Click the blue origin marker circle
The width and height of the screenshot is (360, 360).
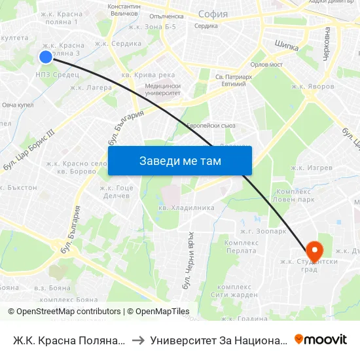(x=46, y=57)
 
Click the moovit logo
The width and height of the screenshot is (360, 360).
(x=320, y=340)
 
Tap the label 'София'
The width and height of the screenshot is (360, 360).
(x=211, y=14)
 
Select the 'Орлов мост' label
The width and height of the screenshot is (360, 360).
(x=266, y=65)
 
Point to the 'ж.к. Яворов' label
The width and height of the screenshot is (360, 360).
(x=313, y=86)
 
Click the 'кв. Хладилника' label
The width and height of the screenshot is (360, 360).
(x=187, y=207)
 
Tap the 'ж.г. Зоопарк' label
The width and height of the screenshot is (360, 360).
(x=264, y=231)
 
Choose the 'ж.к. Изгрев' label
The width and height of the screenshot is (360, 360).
(x=312, y=168)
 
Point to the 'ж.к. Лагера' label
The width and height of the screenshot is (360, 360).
(x=91, y=87)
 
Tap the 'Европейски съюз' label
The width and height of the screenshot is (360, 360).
(x=210, y=125)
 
